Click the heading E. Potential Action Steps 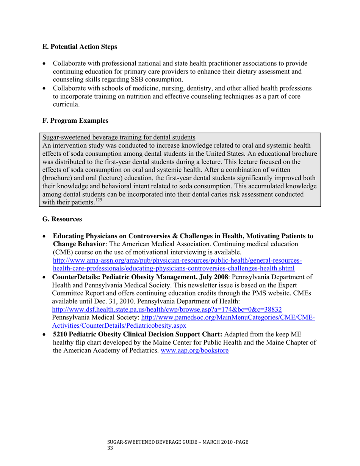point(80,47)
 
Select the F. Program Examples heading point(75,121)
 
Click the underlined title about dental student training point(119,137)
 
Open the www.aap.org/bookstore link point(195,351)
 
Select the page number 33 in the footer point(110,448)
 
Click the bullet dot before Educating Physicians point(45,236)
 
